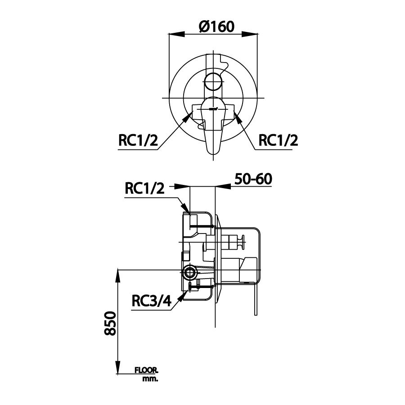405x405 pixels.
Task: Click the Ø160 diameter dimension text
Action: [x=216, y=27]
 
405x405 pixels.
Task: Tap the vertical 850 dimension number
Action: [x=111, y=323]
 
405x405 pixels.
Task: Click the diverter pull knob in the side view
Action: [x=243, y=243]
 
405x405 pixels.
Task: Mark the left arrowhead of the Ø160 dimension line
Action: [x=174, y=34]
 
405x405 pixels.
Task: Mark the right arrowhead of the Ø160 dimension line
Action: [x=256, y=34]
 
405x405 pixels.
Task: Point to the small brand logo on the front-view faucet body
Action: [x=215, y=108]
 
